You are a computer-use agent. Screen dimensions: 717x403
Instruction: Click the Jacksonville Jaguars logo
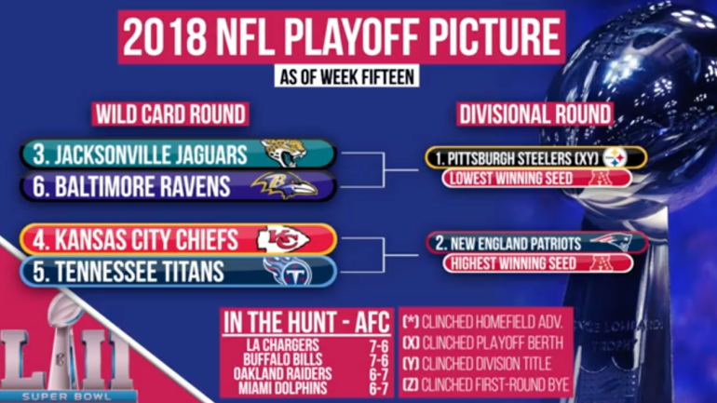click(284, 153)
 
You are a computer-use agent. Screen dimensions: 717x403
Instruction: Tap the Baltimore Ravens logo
click(284, 185)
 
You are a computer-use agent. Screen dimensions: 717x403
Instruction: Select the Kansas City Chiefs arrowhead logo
click(283, 239)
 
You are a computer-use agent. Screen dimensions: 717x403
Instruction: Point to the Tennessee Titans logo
click(288, 271)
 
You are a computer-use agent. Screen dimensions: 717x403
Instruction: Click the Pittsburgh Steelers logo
click(615, 157)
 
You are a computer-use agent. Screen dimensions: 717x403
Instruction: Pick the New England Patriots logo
click(611, 241)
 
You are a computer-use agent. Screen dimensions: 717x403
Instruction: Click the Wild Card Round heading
click(170, 114)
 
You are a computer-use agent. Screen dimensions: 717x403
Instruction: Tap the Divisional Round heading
click(534, 114)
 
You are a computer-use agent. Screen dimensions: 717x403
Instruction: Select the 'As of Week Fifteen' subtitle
click(346, 76)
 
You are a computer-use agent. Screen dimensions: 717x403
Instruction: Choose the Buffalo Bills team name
click(282, 359)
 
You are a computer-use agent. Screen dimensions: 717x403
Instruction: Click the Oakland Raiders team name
click(282, 374)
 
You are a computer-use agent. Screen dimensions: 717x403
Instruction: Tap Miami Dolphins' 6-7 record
click(379, 389)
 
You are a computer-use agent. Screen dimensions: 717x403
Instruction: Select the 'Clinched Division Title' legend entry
click(477, 364)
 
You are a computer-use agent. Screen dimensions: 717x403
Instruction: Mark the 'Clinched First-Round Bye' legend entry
click(486, 384)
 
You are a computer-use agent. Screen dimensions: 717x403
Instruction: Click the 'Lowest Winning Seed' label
click(511, 178)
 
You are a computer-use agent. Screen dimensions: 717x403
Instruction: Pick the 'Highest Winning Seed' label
click(513, 263)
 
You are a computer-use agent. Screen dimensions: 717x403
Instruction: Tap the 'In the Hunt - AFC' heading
click(306, 323)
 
